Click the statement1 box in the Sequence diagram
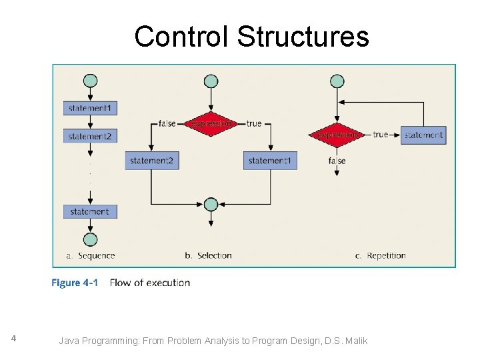90,108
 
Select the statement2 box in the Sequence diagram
90,136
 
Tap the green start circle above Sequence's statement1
90,81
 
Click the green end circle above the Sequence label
90,239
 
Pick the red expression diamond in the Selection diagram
211,123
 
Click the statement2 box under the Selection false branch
152,161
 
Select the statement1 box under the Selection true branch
270,161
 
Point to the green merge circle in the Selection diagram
211,204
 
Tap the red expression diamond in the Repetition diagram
337,134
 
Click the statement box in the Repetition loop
423,135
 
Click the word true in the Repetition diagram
381,135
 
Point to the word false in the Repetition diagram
337,161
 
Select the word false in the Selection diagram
167,123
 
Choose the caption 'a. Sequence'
91,255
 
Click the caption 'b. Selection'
208,255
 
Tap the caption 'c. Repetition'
380,255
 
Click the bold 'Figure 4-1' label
75,283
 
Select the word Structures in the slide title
303,37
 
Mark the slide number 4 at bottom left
13,339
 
